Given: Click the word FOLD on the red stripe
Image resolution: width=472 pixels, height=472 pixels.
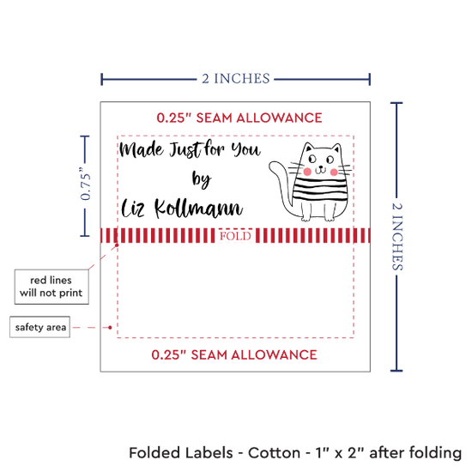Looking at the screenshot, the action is point(235,236).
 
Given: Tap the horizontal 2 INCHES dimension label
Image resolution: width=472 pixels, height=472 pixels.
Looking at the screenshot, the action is point(236,79).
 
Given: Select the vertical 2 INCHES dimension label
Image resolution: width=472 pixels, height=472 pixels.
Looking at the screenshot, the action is point(397,237).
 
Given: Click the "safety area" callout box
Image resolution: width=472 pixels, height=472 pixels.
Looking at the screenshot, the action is point(40,327).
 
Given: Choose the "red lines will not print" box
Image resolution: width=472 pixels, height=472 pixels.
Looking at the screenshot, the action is point(51,287).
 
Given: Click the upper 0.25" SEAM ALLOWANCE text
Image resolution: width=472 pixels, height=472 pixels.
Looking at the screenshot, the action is point(239,118).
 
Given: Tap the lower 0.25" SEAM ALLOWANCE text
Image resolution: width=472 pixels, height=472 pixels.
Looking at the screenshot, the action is point(234,355).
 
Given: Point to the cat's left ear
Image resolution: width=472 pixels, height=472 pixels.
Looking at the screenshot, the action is point(308,148).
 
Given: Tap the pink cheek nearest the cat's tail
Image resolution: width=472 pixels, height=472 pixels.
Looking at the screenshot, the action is point(307,172).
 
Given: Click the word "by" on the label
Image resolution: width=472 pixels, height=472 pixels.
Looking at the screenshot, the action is point(202,179).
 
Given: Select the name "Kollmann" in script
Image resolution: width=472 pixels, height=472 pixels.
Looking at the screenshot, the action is point(199,208).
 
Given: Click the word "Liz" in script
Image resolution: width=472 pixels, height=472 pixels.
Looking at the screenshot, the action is point(133,208).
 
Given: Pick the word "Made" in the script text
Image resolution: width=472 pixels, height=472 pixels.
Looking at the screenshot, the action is point(142,149).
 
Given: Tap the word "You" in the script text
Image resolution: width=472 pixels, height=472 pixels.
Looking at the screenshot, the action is point(245,149).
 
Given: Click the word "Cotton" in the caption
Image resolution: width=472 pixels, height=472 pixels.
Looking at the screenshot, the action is point(274,453).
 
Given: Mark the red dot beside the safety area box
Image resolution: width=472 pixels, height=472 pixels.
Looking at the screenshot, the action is point(110,328).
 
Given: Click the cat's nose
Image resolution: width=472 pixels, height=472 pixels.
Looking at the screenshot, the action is point(321,167).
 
